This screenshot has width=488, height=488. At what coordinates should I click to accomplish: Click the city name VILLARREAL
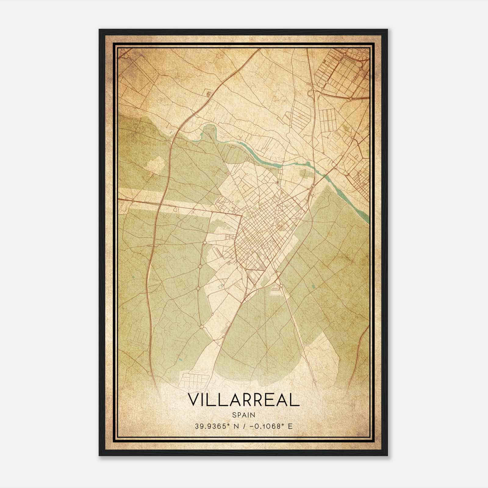coord(244,400)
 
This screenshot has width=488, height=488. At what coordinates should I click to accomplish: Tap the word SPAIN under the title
coord(244,415)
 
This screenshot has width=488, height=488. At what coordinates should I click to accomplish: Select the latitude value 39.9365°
coord(213,426)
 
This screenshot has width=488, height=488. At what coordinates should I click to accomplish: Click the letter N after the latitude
coord(235,426)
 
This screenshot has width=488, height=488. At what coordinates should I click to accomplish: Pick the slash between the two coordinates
coord(243,426)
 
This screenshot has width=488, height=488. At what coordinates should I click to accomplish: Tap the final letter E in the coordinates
coord(290,426)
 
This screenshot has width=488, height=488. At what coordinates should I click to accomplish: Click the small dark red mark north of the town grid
coord(278,182)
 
